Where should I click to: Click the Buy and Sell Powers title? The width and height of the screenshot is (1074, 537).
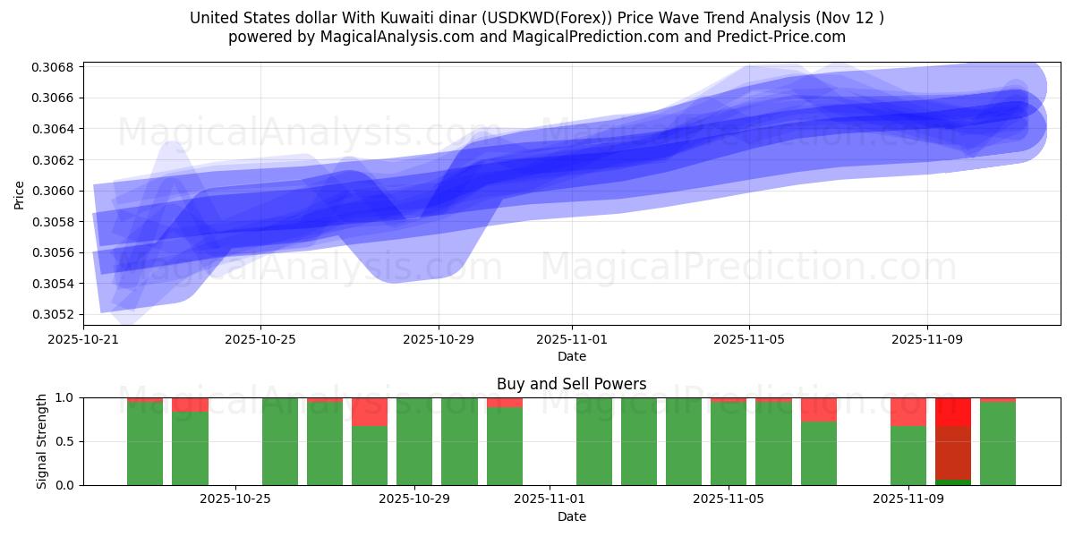click(571, 384)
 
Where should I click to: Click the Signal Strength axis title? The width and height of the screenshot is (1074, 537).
click(41, 441)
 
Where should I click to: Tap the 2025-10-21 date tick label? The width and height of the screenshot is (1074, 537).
click(83, 339)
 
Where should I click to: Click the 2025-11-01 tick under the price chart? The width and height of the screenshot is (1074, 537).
click(572, 339)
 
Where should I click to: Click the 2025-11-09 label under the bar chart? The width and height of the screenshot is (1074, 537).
click(908, 499)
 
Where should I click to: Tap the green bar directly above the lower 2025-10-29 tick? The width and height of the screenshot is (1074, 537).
click(414, 441)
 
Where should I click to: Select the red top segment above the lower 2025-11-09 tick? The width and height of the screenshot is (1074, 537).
click(908, 412)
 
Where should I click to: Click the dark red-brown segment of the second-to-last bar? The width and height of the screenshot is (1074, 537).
click(953, 453)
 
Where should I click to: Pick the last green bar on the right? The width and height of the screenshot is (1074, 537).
click(998, 443)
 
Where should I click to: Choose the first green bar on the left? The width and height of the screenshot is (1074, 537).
click(145, 443)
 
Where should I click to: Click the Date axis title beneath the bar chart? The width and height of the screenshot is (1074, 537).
click(571, 516)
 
